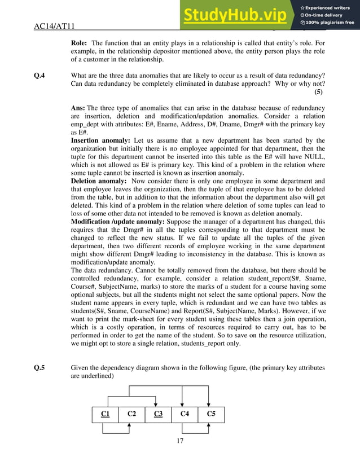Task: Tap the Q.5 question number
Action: [x=40, y=368]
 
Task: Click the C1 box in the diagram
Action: [x=106, y=414]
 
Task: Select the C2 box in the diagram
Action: [x=131, y=414]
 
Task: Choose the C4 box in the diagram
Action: [x=184, y=414]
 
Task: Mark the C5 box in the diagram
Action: [x=210, y=414]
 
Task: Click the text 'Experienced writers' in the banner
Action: [x=330, y=7]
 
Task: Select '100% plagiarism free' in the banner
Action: [x=330, y=23]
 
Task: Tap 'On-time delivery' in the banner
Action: [x=329, y=15]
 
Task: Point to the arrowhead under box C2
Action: [x=130, y=425]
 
